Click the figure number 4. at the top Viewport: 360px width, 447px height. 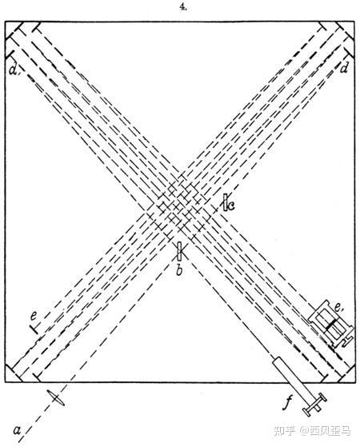pyautogui.click(x=183, y=8)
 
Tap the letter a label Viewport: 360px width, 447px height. pyautogui.click(x=17, y=429)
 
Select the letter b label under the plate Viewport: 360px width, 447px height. pyautogui.click(x=179, y=269)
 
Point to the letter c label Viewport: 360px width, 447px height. pyautogui.click(x=230, y=205)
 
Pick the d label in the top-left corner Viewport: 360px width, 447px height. pyautogui.click(x=13, y=70)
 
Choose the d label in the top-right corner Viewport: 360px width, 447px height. pyautogui.click(x=344, y=69)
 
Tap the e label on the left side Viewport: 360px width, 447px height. pyautogui.click(x=34, y=316)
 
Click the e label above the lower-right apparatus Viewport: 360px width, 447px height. pyautogui.click(x=338, y=308)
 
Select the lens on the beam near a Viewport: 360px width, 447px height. pyautogui.click(x=56, y=398)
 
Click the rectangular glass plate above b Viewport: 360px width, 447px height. pyautogui.click(x=179, y=251)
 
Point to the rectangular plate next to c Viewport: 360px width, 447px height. pyautogui.click(x=226, y=202)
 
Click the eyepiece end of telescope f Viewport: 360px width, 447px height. pyautogui.click(x=314, y=403)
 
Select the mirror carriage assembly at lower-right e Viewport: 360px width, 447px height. pyautogui.click(x=331, y=324)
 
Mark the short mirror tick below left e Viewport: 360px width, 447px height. pyautogui.click(x=34, y=329)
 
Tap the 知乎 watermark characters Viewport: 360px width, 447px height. pyautogui.click(x=284, y=431)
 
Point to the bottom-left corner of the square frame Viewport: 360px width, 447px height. pyautogui.click(x=5, y=382)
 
